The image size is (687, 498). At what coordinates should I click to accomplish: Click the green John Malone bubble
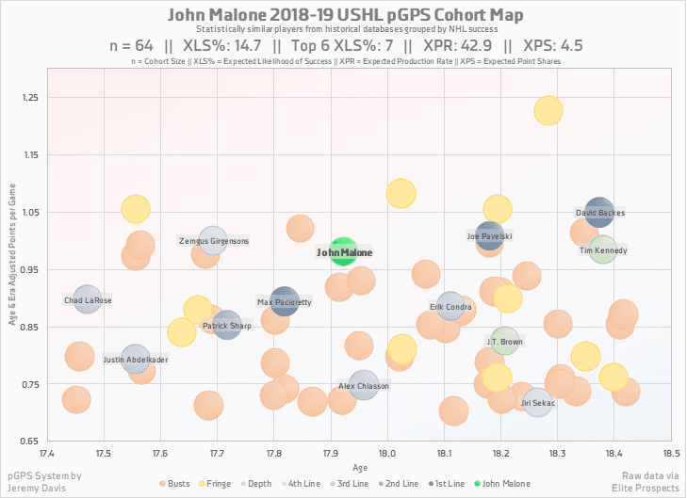343,251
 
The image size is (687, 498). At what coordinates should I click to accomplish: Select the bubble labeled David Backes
599,214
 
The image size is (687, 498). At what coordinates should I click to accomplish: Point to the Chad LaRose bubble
87,300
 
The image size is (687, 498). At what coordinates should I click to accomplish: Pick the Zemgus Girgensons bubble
214,241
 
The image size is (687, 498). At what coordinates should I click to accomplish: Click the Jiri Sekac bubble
538,402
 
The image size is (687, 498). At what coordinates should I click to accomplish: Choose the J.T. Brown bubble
504,341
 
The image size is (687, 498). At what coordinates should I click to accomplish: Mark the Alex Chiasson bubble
364,386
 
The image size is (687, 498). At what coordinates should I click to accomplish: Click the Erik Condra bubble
450,306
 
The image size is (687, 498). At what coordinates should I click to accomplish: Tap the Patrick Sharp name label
227,327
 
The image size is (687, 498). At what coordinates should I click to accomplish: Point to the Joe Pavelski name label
490,236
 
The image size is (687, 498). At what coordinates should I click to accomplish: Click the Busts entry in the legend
177,484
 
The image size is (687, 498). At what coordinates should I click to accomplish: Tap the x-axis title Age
359,467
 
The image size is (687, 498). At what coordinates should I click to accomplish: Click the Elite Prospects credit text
648,489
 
